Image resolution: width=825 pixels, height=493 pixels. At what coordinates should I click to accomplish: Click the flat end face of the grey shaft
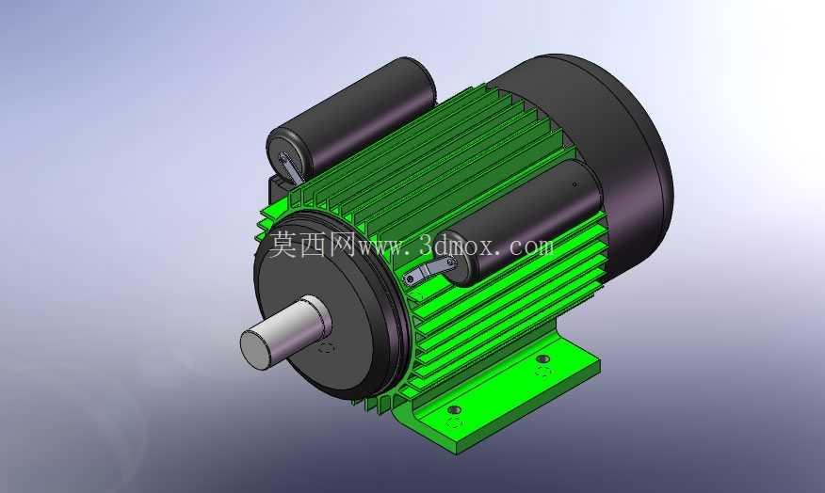click(256, 349)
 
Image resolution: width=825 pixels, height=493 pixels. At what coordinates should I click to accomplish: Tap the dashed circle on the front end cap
click(326, 347)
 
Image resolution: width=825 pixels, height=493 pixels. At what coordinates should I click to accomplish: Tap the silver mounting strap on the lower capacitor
click(428, 271)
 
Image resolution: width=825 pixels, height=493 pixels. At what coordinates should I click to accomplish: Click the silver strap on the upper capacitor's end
click(290, 168)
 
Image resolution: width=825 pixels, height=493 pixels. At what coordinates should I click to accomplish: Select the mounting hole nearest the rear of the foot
click(543, 359)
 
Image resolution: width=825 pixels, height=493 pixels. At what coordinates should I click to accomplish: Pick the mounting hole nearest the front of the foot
click(455, 409)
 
